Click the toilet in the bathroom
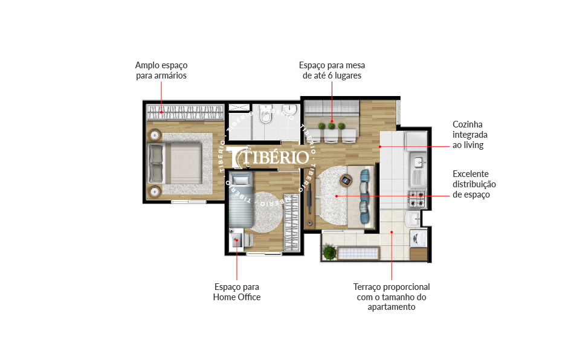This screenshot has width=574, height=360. pos(265,115)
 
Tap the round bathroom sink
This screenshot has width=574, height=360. pos(289,108)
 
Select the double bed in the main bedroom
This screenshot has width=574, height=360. pos(175,163)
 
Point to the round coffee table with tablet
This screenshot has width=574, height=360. pos(346,181)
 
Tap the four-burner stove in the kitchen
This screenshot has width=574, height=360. pos(417,199)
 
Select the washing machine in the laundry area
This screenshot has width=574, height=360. pos(418,239)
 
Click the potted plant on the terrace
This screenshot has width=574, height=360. pos(329,252)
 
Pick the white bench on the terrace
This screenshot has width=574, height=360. pos(358,253)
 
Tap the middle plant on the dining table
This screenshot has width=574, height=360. pos(332,126)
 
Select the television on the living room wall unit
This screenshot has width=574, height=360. pos(309,199)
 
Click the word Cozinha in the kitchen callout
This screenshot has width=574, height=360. pos(468,124)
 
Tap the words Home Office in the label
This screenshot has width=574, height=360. pos(237,297)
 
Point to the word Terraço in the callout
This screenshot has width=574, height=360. pos(367,287)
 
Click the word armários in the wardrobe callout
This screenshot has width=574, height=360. pos(170,76)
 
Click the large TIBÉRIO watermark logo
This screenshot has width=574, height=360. pos(268,157)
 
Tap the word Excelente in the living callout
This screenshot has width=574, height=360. pos(471,174)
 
